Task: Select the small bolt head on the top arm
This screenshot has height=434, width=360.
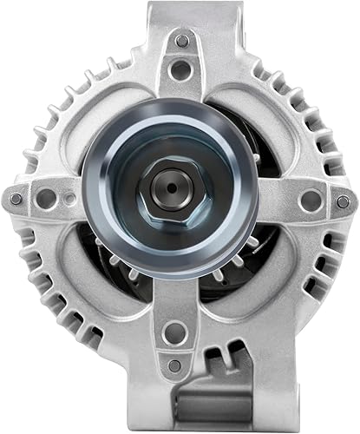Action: click(x=180, y=41)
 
